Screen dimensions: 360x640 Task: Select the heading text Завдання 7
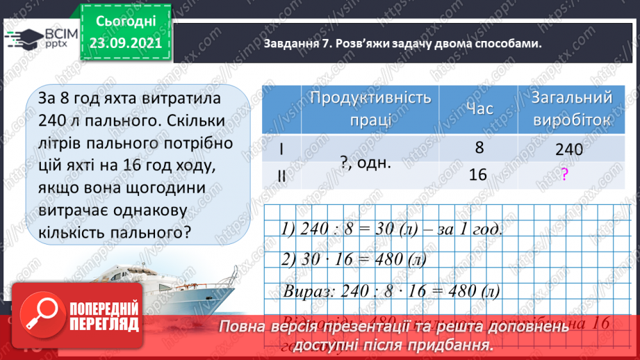[298, 44]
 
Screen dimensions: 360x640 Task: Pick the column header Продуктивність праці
[370, 108]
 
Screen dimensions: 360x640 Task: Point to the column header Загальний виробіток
[571, 108]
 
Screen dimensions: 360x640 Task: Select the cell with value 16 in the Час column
[478, 174]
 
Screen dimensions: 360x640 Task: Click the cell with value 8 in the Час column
[478, 148]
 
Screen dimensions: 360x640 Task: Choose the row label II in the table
[281, 175]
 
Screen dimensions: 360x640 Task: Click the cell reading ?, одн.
[366, 161]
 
